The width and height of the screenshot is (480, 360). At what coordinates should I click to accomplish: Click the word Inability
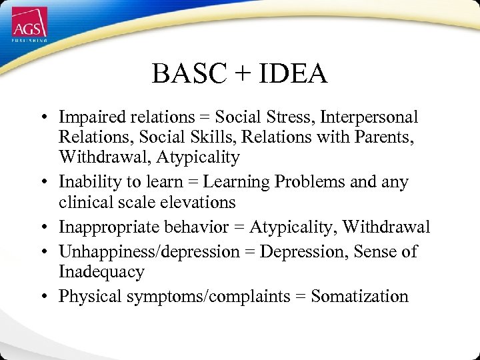(85, 182)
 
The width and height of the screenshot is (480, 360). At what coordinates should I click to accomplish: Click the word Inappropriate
(103, 227)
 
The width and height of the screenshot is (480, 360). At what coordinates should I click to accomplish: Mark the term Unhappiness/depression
(149, 252)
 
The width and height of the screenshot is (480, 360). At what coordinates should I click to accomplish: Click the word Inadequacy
(101, 272)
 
